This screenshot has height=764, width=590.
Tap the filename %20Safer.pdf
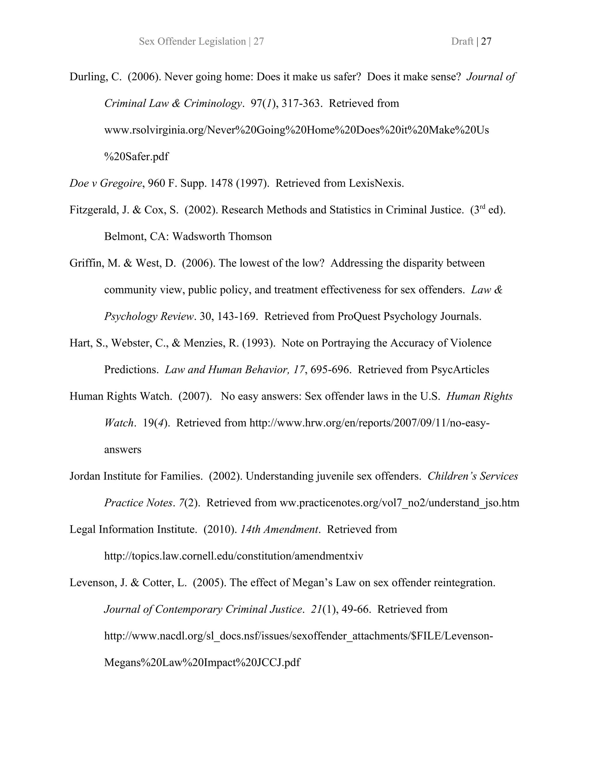click(x=136, y=157)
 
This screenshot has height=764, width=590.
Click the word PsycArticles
click(x=460, y=370)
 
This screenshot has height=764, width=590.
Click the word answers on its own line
click(x=123, y=449)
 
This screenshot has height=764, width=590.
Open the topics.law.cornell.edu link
click(x=233, y=556)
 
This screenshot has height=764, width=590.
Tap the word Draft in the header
click(x=462, y=42)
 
